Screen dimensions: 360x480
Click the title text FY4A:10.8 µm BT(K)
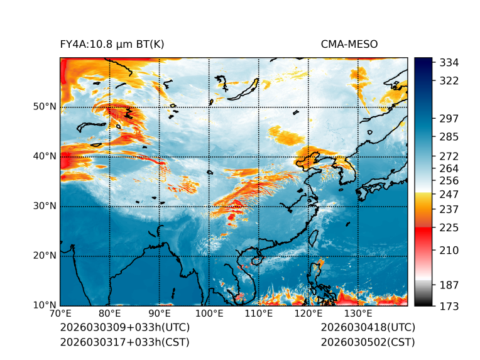(x=112, y=44)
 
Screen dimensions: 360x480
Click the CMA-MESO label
(x=349, y=44)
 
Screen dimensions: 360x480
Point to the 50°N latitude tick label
(x=45, y=107)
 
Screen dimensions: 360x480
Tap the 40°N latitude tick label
(x=45, y=156)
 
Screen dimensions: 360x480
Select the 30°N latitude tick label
(x=45, y=206)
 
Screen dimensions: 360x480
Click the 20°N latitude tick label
(x=45, y=256)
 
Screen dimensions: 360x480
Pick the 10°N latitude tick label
(x=45, y=305)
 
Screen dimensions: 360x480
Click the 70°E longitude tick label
(x=60, y=314)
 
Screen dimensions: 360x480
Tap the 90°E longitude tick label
(x=160, y=314)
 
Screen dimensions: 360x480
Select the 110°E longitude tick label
(x=258, y=314)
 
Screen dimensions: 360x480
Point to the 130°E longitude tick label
(x=357, y=314)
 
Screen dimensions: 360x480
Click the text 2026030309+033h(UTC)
(x=124, y=328)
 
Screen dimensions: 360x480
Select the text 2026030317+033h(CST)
(x=124, y=342)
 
